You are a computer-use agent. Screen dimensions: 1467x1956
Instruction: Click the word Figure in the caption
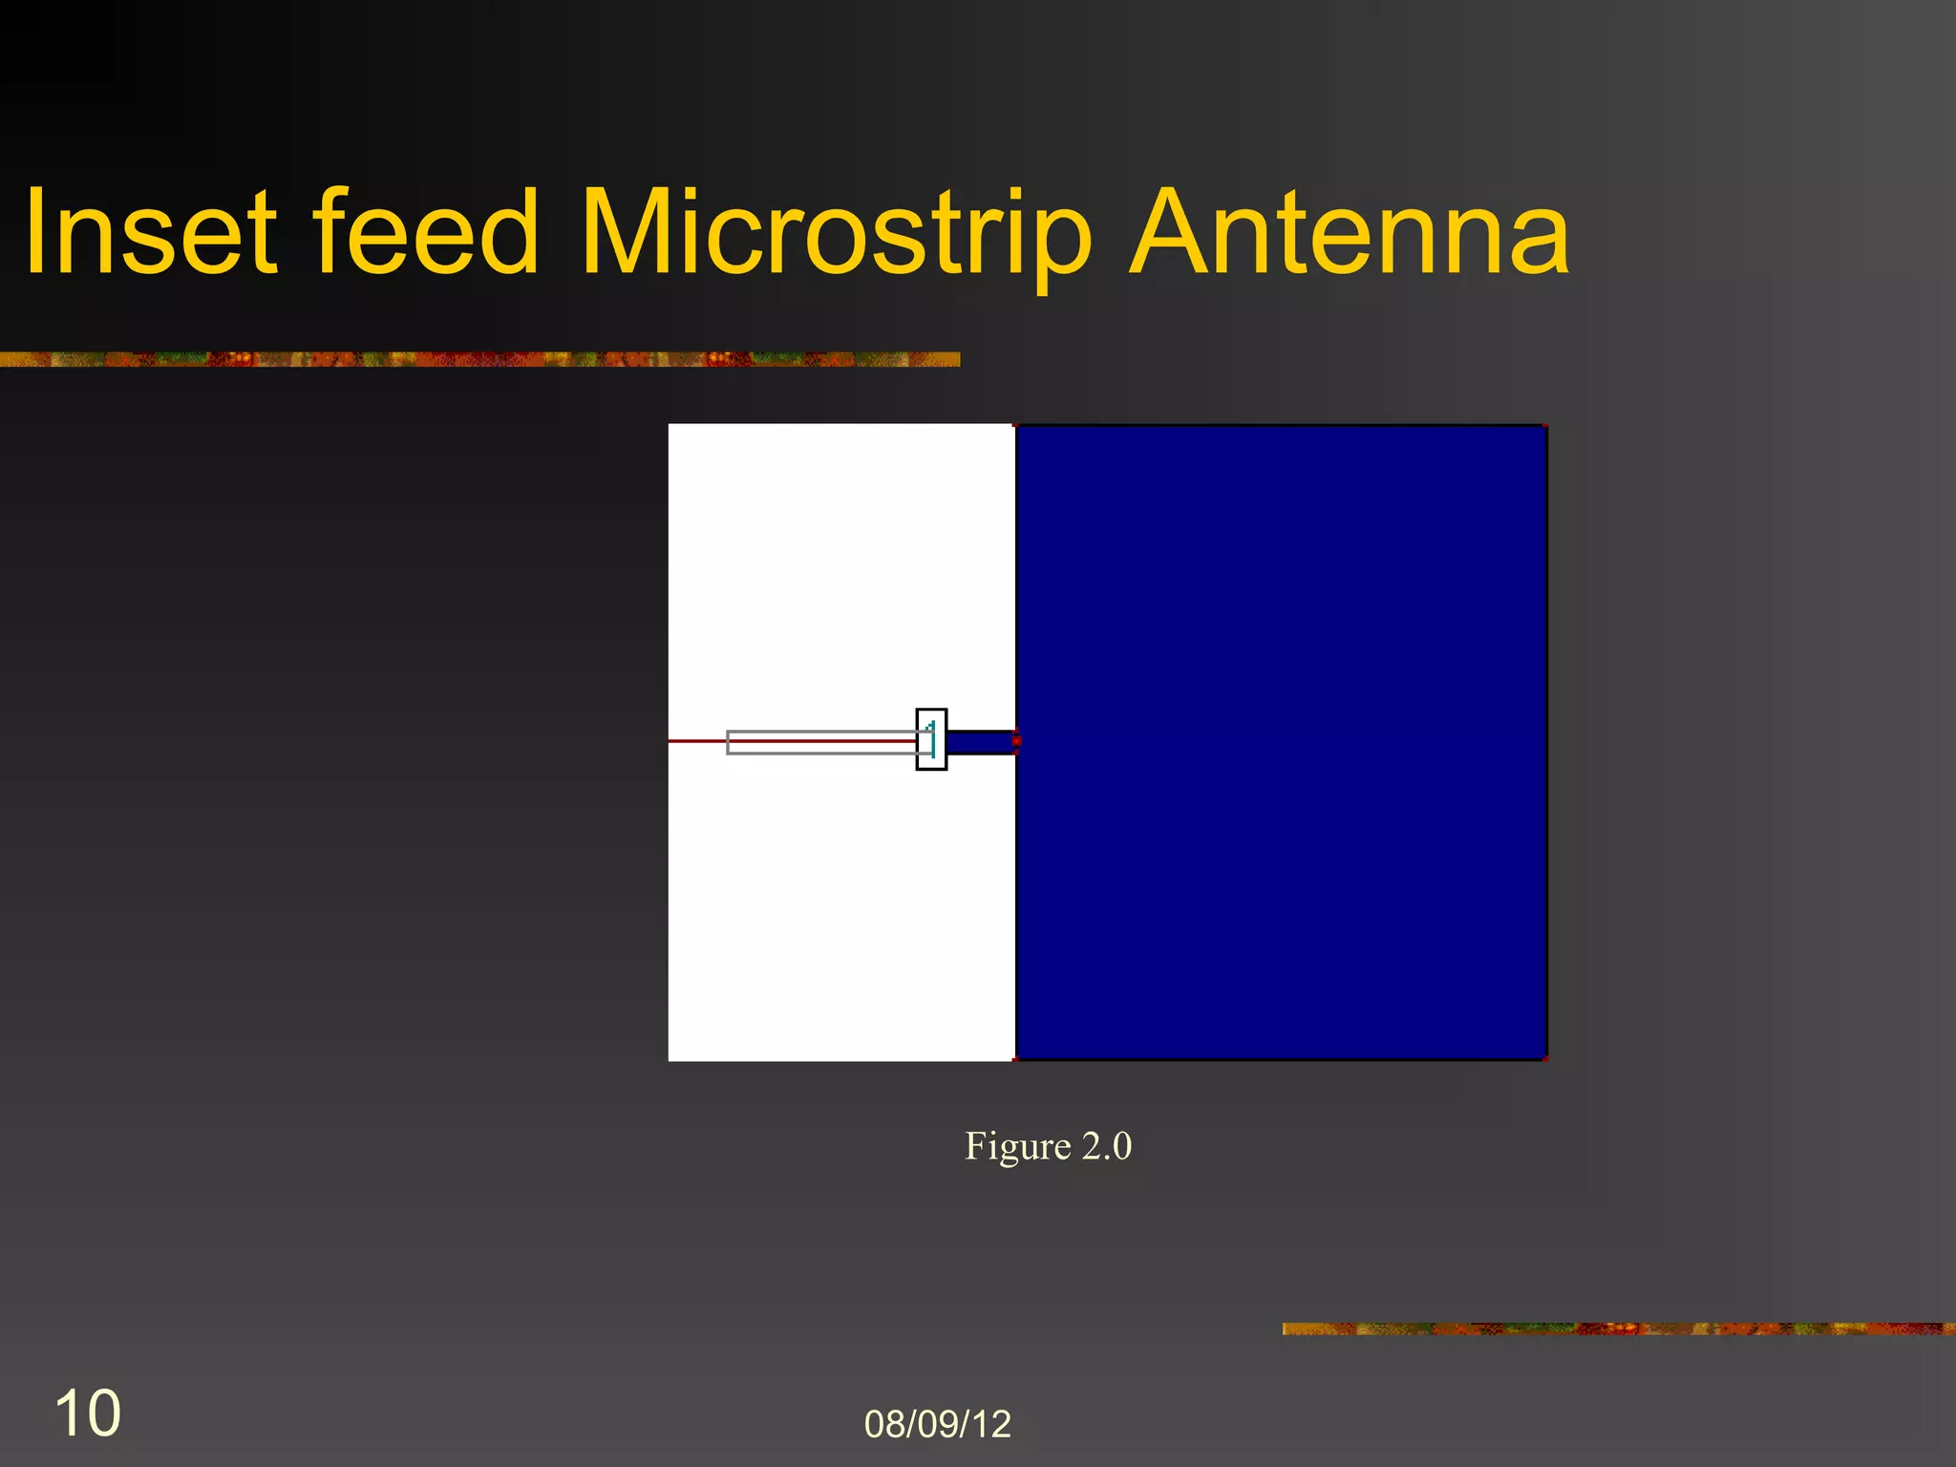[1017, 1146]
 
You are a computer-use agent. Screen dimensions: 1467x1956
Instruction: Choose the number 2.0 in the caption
[1106, 1146]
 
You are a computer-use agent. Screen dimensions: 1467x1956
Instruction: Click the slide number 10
[88, 1414]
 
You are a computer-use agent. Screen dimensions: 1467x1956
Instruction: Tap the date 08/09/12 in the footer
[937, 1424]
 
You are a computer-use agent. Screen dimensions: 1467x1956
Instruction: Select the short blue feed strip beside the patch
[980, 742]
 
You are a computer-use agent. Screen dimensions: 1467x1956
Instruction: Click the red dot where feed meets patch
[1016, 741]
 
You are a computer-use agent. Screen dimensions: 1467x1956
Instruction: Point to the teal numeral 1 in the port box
[932, 737]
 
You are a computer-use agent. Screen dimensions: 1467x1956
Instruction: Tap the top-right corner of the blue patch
[1545, 427]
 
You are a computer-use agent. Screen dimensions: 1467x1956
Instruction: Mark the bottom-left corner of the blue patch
[1016, 1058]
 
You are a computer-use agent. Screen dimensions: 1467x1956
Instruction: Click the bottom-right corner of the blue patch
[1545, 1058]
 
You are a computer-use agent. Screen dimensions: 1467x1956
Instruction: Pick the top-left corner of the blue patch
[1016, 427]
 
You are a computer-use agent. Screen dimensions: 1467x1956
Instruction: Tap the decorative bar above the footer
[1618, 1329]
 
